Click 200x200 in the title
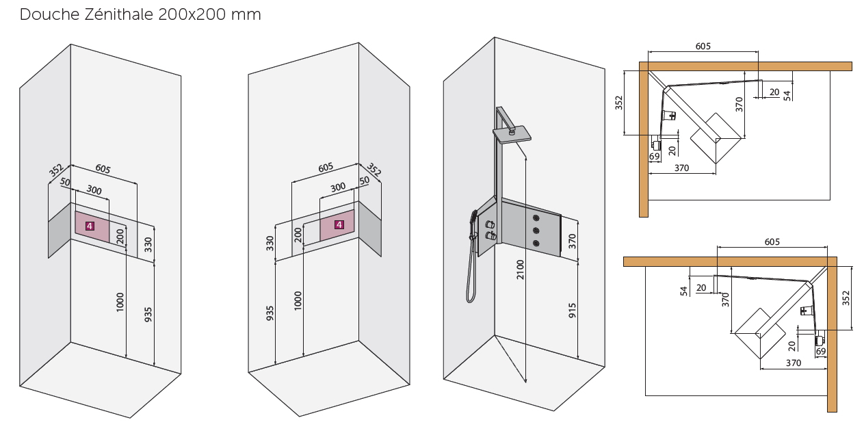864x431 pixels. [x=192, y=14]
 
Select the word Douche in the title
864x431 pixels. [x=49, y=14]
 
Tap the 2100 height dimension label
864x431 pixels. [x=521, y=270]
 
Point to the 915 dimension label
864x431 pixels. [x=572, y=311]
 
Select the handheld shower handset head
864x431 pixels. [x=473, y=218]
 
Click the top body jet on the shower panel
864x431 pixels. [x=536, y=218]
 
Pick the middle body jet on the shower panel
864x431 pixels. [x=536, y=231]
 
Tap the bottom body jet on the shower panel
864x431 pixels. [x=536, y=243]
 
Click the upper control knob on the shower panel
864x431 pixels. [x=490, y=224]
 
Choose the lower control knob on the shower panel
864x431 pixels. [x=490, y=236]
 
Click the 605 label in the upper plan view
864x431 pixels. [x=703, y=47]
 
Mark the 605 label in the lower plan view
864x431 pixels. [x=772, y=242]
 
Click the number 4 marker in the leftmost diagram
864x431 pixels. [x=90, y=226]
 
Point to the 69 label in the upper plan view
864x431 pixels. [x=654, y=156]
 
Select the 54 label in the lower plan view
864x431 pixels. [x=684, y=291]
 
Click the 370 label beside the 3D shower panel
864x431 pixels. [x=572, y=241]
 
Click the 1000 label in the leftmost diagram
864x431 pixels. [x=120, y=302]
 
